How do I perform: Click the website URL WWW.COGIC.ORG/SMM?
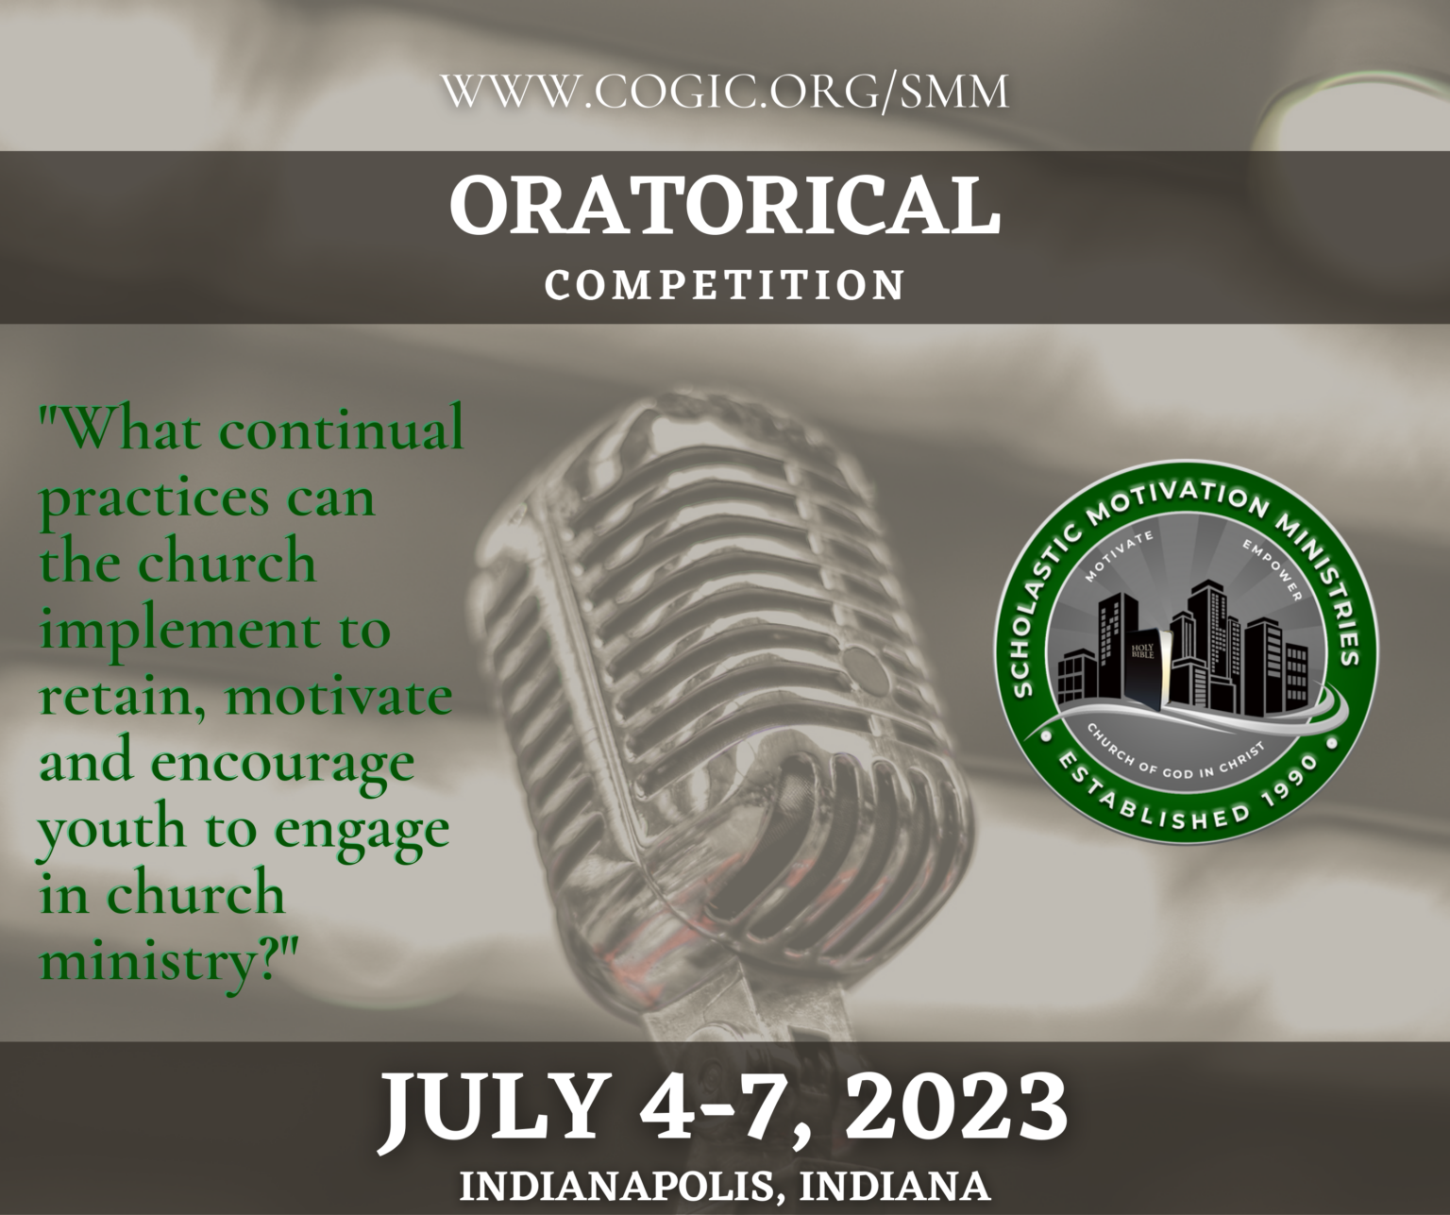[725, 93]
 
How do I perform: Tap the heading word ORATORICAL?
[725, 206]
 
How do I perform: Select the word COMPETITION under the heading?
[725, 286]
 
